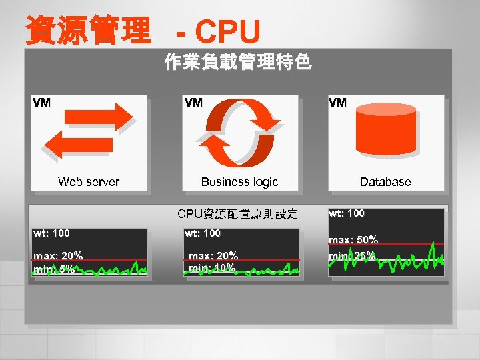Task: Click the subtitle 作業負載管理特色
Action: pos(237,64)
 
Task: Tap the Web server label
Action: pos(89,181)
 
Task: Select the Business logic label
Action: pos(239,181)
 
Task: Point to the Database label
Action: pos(385,181)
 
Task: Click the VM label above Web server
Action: pos(41,103)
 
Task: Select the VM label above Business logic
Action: pos(193,103)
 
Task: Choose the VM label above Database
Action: pos(337,103)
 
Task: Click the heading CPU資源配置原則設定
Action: pos(237,214)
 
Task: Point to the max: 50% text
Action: pos(353,239)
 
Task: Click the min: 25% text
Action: pos(351,256)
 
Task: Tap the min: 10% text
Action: pos(212,268)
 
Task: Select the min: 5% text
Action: pos(55,269)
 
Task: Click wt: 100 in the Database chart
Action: pos(347,213)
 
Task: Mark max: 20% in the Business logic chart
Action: pos(213,255)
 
